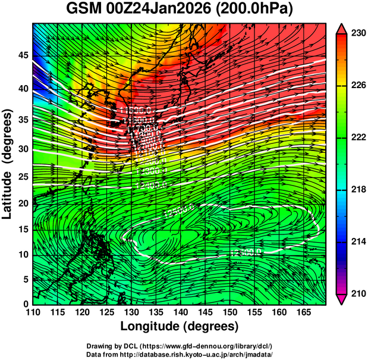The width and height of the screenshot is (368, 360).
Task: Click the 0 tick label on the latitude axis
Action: pyautogui.click(x=25, y=303)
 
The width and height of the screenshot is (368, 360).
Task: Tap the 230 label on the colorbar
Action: pyautogui.click(x=357, y=34)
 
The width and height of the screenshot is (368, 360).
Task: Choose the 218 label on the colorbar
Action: pyautogui.click(x=357, y=190)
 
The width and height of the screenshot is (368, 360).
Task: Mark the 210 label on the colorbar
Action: pyautogui.click(x=357, y=293)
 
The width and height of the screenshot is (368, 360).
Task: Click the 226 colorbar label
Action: pyautogui.click(x=357, y=86)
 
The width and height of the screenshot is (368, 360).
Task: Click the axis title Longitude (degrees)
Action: pyautogui.click(x=180, y=326)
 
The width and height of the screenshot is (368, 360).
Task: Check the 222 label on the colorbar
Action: pyautogui.click(x=357, y=138)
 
